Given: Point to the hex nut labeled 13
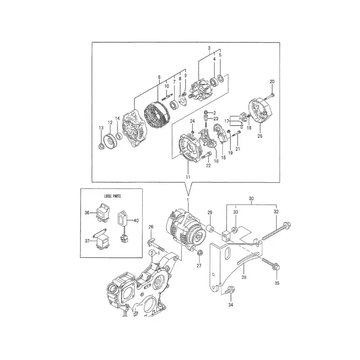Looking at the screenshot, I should (x=101, y=145).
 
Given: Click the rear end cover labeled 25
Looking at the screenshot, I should (x=260, y=115).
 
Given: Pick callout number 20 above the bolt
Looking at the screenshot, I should (x=272, y=81).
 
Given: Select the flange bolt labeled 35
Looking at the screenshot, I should (x=270, y=264).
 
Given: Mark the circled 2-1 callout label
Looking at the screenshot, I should (x=154, y=254).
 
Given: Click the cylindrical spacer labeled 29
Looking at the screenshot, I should (x=210, y=225).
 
